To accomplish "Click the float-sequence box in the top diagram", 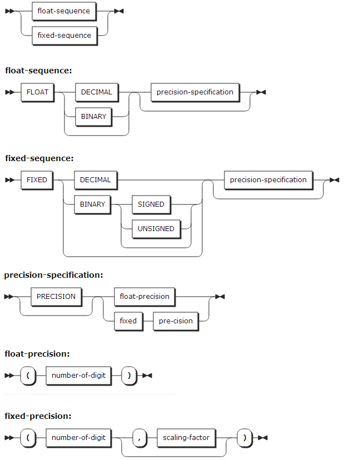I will click(x=64, y=11).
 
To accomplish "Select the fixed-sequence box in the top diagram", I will click(x=64, y=35).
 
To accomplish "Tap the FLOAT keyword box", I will click(x=37, y=92).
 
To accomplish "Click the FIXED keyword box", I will click(x=37, y=180).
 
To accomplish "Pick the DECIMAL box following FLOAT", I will click(x=96, y=92).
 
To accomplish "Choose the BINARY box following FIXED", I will click(x=92, y=204).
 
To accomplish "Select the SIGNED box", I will click(x=151, y=204).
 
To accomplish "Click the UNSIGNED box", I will click(x=156, y=229).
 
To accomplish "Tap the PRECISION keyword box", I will click(x=56, y=297).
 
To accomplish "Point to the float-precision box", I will click(x=144, y=297).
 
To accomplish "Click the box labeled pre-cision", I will click(x=176, y=321).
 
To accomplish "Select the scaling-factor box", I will click(x=186, y=438).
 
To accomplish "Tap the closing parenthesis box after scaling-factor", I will click(x=245, y=438).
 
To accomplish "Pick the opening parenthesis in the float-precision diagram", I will click(x=27, y=376).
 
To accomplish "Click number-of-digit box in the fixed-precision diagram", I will click(x=78, y=438).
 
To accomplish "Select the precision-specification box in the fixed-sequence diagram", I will click(x=268, y=180).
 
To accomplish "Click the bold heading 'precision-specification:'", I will click(x=53, y=275).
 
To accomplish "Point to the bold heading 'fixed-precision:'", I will click(x=37, y=416).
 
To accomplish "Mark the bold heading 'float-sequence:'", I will click(x=38, y=71).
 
